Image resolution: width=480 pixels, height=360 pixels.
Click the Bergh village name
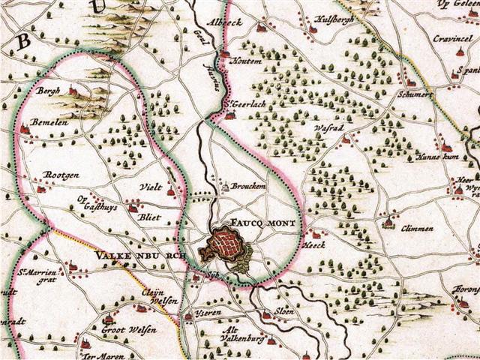click(x=47, y=90)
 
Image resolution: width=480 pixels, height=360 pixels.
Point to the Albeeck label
click(x=226, y=22)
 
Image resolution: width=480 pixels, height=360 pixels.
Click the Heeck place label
click(x=313, y=244)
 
